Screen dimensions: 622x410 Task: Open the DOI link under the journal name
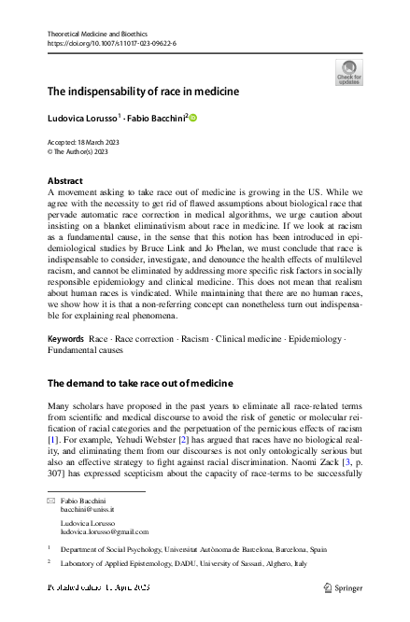pyautogui.click(x=111, y=43)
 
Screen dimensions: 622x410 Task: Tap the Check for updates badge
pyautogui.click(x=349, y=73)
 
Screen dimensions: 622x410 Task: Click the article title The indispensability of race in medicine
pyautogui.click(x=143, y=92)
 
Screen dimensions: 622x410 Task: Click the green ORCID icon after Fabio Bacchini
pyautogui.click(x=194, y=118)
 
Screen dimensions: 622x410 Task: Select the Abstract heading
pyautogui.click(x=64, y=180)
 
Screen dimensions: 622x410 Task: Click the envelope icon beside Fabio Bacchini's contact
pyautogui.click(x=52, y=502)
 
